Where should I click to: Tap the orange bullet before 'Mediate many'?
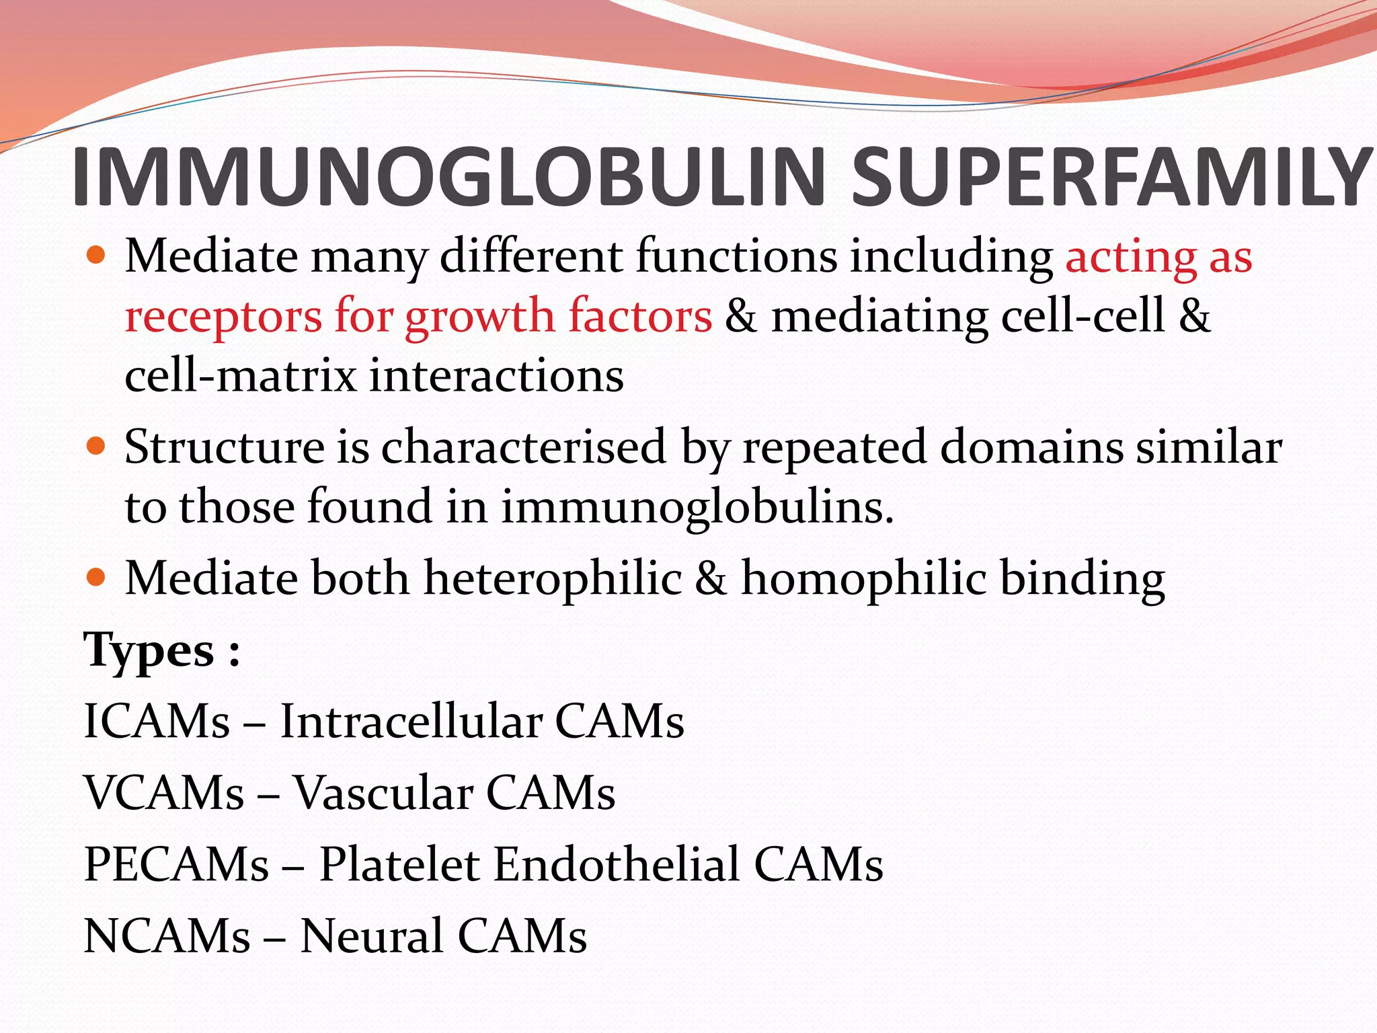tap(97, 256)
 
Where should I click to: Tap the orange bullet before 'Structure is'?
tap(97, 446)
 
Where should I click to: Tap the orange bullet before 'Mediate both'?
tap(97, 577)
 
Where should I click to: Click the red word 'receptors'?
tap(223, 316)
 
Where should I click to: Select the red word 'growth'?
tap(479, 316)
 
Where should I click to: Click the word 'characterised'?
tap(524, 447)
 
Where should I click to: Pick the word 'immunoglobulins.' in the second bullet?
tap(698, 507)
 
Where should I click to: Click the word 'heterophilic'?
tap(553, 578)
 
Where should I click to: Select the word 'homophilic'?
tap(863, 578)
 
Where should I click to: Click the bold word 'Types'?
tap(149, 651)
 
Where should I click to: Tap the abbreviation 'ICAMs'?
tap(157, 722)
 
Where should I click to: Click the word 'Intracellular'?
tap(411, 722)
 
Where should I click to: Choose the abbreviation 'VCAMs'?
tap(164, 793)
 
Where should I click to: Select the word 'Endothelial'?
tap(617, 864)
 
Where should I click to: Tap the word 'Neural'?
tap(371, 935)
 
